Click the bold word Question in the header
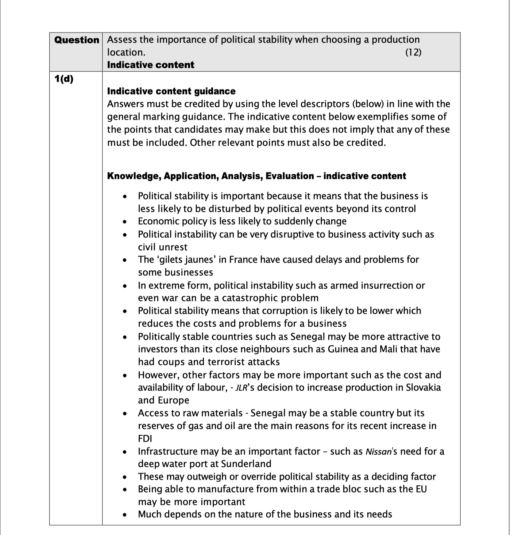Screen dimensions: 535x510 click(x=77, y=40)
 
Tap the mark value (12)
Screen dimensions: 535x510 click(x=413, y=52)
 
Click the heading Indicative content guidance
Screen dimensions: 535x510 click(x=171, y=91)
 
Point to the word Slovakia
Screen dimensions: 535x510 click(x=423, y=387)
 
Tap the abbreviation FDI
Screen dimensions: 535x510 click(x=145, y=439)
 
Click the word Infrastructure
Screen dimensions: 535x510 click(x=168, y=451)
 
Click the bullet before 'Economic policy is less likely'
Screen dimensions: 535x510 click(x=125, y=221)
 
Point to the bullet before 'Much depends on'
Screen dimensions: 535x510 click(x=125, y=515)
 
